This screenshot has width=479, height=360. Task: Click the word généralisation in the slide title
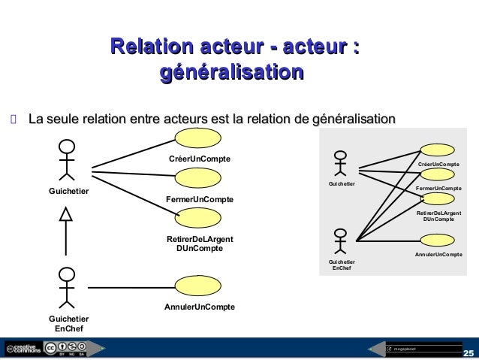pos(231,74)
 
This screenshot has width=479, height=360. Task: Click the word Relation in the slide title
pos(149,49)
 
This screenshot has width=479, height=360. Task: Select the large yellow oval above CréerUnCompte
pos(198,138)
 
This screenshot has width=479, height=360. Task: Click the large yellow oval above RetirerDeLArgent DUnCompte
pos(198,218)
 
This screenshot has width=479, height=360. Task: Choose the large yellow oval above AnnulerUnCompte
pos(198,286)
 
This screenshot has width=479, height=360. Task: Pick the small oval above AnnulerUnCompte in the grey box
pos(438,242)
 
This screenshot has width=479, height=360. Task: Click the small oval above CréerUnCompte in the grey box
pos(438,151)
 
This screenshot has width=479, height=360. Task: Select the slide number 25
pos(468,352)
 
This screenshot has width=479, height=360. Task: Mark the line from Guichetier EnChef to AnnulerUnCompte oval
pos(131,286)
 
